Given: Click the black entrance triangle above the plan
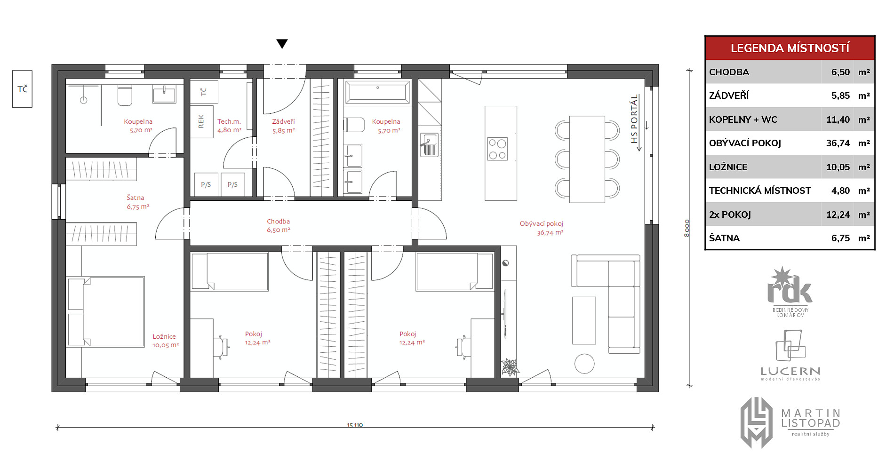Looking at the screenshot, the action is coord(282,44).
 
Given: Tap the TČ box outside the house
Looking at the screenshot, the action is coord(22,89).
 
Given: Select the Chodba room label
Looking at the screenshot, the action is coord(279,225).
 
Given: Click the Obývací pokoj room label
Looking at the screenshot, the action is coord(542,228).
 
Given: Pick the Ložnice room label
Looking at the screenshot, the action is coord(165,341).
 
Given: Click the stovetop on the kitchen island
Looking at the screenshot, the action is coord(497,149).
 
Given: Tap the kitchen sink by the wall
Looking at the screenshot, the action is coord(429,144).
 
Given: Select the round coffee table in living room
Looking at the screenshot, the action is coord(584,364).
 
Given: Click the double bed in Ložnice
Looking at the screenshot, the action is coord(105,312).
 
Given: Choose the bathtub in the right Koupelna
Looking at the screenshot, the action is coord(377,92).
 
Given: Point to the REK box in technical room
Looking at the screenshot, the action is coord(201,121).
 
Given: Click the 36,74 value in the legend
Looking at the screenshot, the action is coord(838,143).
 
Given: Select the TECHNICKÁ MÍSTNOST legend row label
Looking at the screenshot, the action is coord(760,190).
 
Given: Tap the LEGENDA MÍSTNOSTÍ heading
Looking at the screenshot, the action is coord(790,48).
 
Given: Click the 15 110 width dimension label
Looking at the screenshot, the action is coord(355,425).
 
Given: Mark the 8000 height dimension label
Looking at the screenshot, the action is coord(686,228).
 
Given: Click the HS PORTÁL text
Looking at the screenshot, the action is coord(634,119).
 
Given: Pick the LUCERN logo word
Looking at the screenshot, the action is coord(790,371).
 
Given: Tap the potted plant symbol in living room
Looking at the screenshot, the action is coord(509,367).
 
